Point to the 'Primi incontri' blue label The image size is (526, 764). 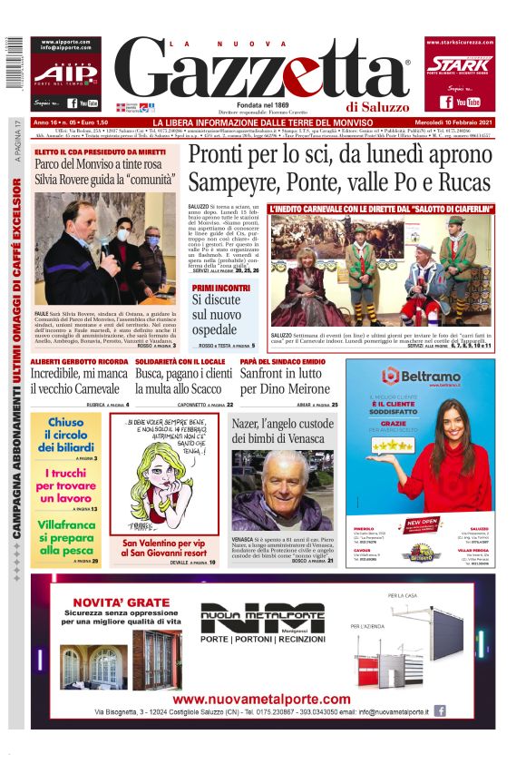220,287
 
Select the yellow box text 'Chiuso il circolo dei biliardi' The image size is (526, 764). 64,435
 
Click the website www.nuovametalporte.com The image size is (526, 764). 261,700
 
